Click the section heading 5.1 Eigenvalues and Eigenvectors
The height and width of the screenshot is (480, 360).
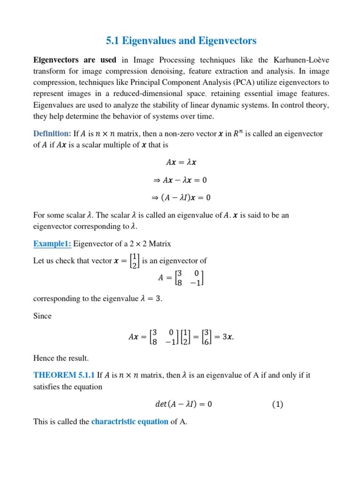182,41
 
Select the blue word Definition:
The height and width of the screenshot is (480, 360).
52,134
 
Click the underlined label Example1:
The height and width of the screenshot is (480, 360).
52,244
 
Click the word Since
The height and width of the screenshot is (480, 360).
42,316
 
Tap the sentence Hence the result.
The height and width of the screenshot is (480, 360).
61,358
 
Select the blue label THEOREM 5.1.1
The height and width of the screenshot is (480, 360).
64,375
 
